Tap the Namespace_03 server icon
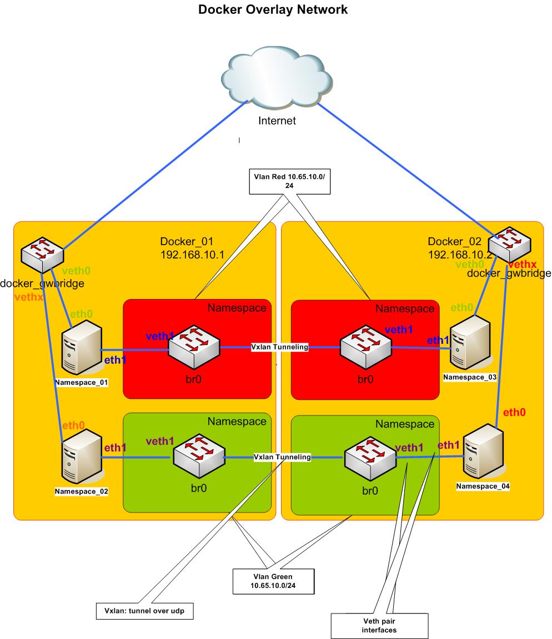coord(470,344)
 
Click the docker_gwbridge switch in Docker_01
coord(42,254)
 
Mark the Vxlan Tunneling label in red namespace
coord(280,347)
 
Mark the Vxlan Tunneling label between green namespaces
coord(282,457)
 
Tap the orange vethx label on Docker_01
coord(29,298)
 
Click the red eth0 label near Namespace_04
coord(514,412)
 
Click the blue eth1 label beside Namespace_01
coord(115,360)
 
